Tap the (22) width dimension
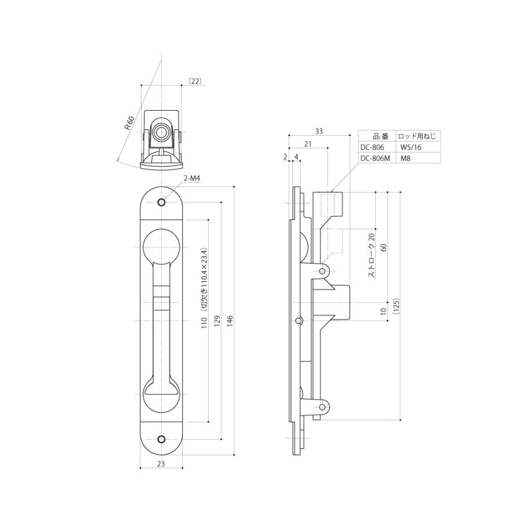[195, 81]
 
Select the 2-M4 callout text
[192, 179]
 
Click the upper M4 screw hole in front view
[162, 202]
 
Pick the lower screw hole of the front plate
[162, 439]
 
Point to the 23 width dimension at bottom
[161, 463]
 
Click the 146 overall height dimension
[230, 321]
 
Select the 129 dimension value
[217, 321]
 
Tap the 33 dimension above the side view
[319, 131]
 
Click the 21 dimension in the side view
[308, 144]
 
